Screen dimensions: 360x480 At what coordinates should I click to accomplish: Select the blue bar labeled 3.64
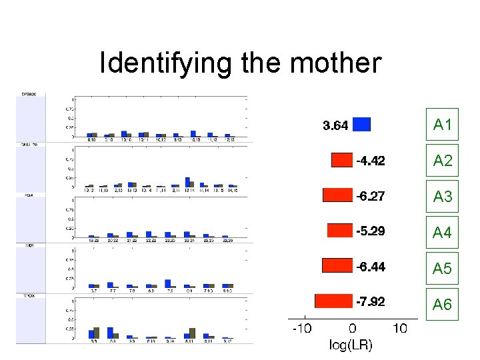361,125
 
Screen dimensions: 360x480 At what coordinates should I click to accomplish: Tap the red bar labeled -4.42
341,160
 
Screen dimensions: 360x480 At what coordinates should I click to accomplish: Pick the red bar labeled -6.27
337,195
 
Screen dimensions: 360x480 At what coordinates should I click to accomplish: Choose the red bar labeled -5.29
339,230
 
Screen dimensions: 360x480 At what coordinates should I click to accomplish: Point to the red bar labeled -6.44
337,266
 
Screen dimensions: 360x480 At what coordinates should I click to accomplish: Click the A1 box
442,124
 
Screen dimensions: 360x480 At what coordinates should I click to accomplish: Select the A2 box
442,160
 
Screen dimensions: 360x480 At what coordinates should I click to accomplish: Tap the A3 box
442,196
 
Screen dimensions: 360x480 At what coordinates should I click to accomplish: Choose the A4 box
442,232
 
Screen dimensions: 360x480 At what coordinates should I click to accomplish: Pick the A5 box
442,268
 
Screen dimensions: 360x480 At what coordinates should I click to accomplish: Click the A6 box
442,304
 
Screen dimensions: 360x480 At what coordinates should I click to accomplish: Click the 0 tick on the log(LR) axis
352,328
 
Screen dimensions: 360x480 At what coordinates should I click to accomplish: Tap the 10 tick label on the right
400,328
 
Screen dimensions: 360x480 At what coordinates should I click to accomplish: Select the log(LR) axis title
351,345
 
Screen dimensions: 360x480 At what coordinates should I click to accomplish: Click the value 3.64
335,125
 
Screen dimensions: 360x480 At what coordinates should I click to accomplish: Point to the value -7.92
370,302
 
